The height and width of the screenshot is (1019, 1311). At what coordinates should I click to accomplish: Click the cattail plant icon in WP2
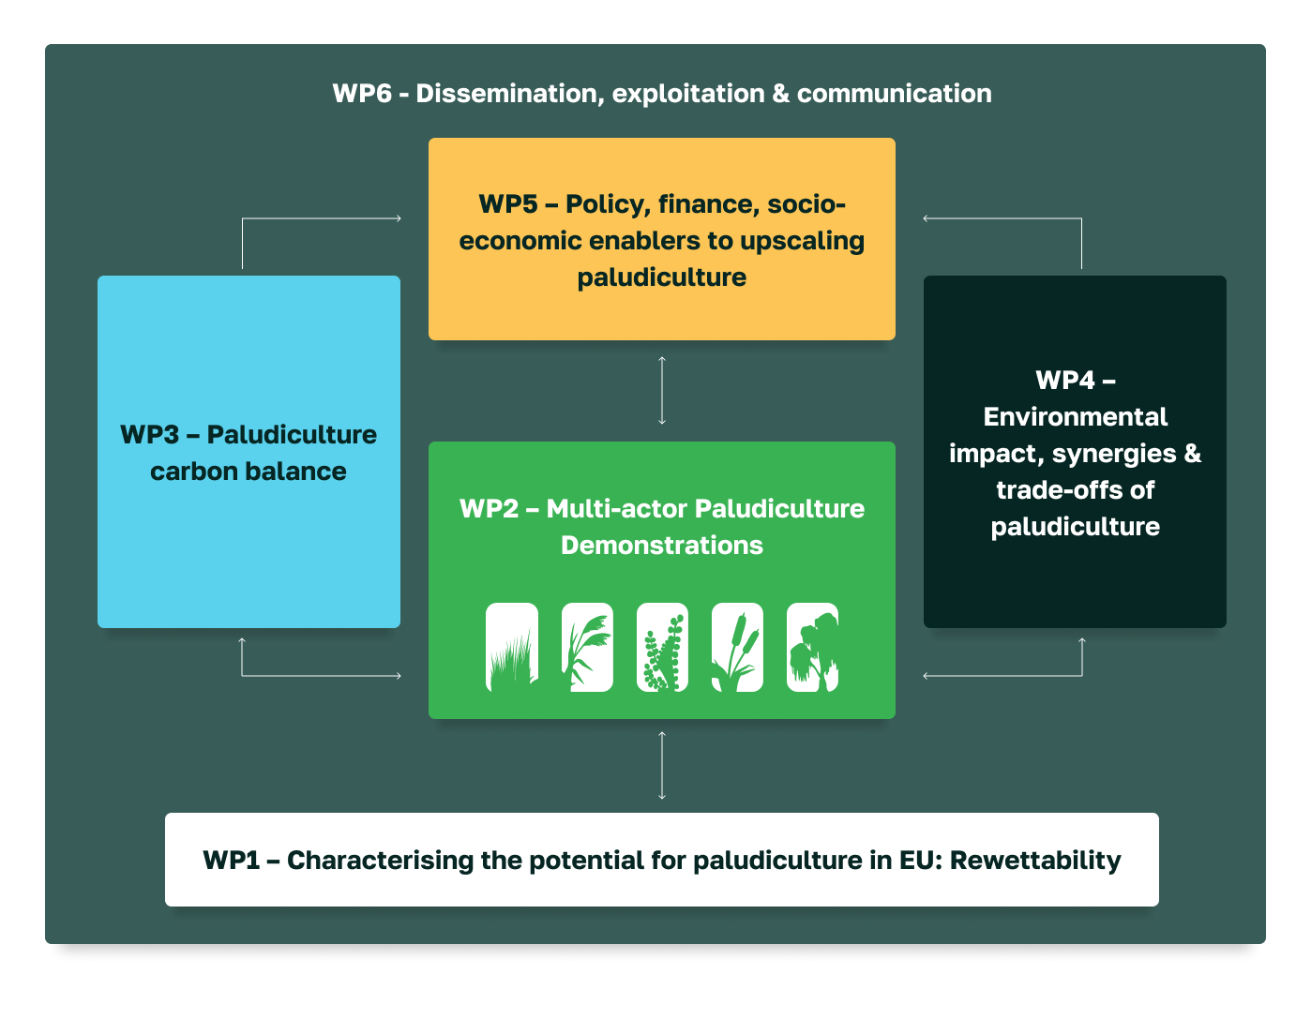(737, 647)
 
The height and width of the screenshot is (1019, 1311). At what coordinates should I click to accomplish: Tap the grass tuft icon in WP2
(512, 647)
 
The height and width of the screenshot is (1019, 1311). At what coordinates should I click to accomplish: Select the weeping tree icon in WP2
(812, 647)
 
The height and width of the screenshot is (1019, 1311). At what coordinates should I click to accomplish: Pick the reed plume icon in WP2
(587, 647)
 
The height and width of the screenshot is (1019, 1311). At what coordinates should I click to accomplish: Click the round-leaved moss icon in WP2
(662, 647)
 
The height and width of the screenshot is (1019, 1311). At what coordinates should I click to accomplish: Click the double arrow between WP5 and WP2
(662, 391)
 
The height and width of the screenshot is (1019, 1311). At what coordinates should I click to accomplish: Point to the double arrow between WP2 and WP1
(662, 766)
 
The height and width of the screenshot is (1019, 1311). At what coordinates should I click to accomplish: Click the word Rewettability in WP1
(1035, 860)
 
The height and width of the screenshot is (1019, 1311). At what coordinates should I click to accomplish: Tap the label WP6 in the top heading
(362, 94)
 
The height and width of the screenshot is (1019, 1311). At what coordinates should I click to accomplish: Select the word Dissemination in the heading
(510, 94)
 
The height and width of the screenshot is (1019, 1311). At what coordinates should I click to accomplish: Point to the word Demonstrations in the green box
(662, 545)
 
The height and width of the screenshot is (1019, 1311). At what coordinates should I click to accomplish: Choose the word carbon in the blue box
(194, 472)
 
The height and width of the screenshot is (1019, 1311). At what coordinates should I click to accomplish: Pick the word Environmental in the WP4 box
(1075, 416)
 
